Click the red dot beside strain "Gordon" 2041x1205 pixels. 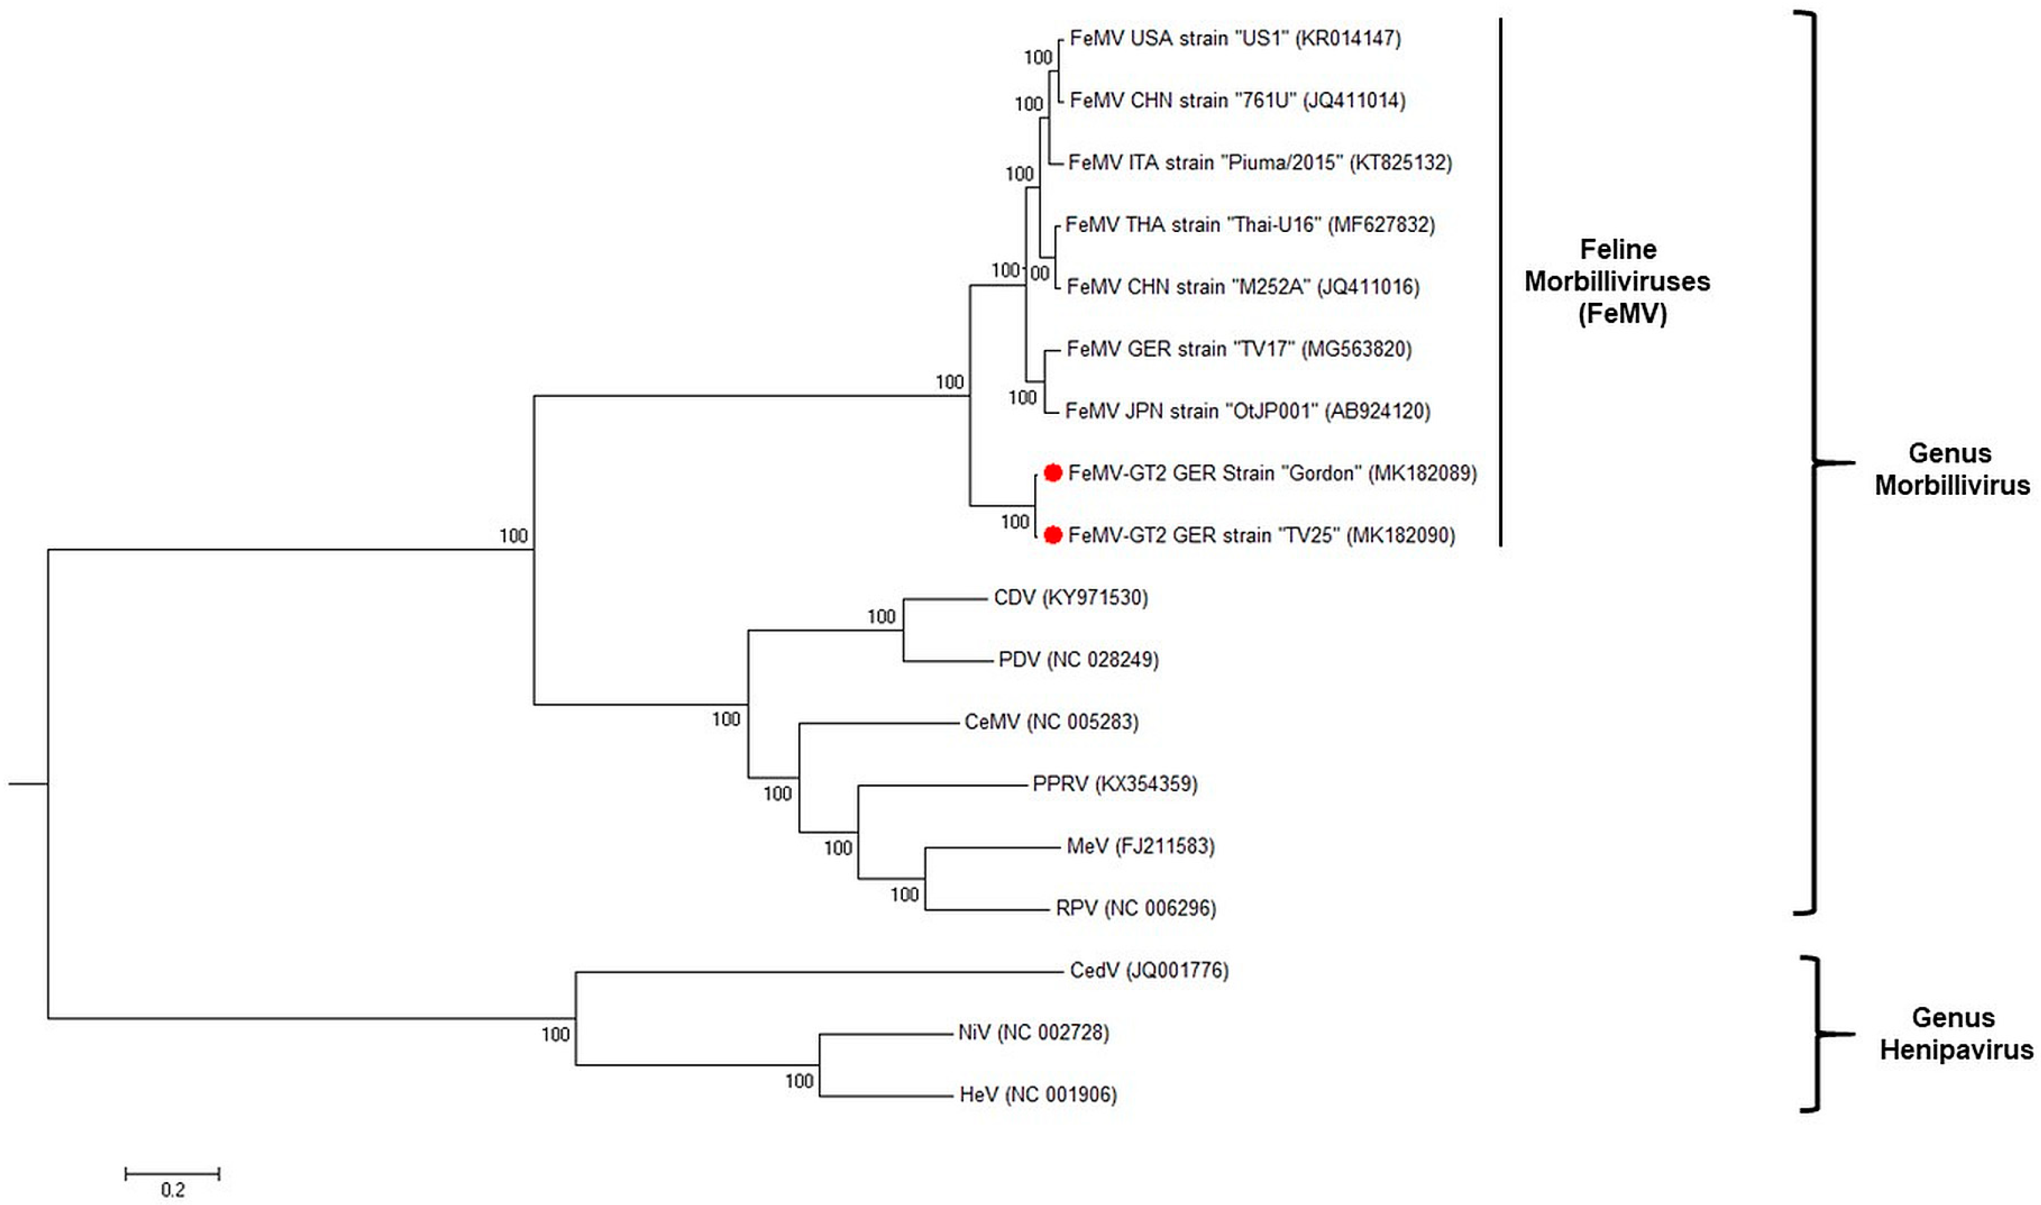click(1053, 473)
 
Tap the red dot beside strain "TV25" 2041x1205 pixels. click(1053, 535)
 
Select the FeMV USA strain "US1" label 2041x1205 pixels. click(1235, 38)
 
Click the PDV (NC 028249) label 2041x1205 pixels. click(1078, 659)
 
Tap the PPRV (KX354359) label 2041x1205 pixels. click(1114, 784)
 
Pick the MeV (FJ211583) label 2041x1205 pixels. click(1140, 846)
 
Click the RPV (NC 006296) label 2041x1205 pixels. click(1136, 908)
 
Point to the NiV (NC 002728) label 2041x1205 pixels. click(1033, 1032)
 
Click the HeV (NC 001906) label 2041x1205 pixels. click(1038, 1094)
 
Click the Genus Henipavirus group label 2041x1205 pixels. click(1956, 1033)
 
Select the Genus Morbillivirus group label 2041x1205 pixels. click(1952, 468)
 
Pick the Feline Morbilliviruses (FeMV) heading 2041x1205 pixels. click(1617, 281)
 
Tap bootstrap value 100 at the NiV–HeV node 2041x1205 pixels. click(799, 1081)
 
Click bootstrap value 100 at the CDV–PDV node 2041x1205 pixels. click(881, 617)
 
